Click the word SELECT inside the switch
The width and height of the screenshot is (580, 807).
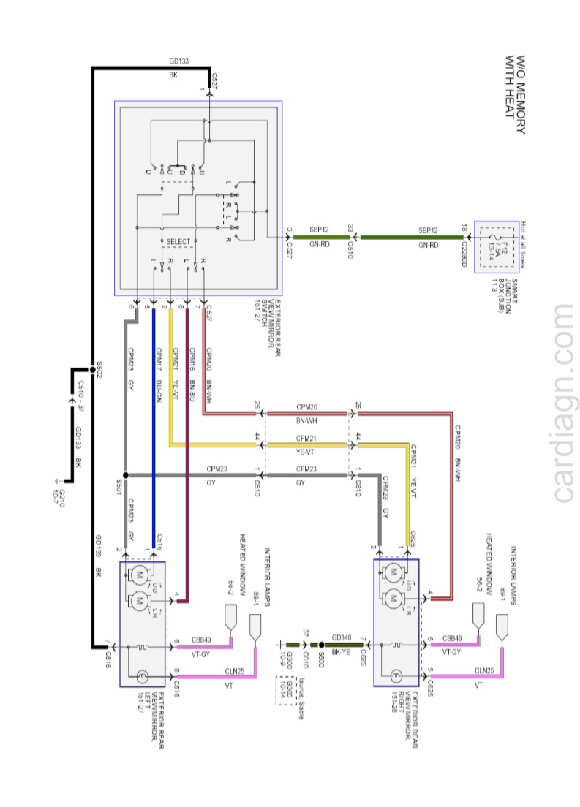click(178, 242)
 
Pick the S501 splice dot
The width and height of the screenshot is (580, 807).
click(126, 475)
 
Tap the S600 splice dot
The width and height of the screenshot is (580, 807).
click(321, 645)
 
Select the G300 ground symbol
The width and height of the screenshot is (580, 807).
click(280, 645)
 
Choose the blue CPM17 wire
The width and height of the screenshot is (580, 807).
click(154, 439)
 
